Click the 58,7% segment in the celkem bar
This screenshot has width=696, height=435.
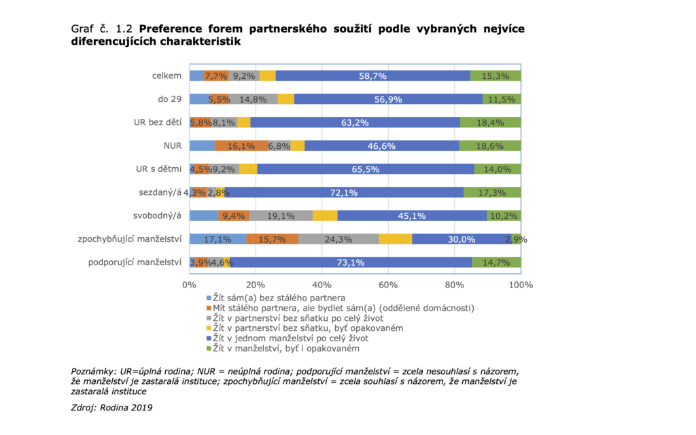pos(372,75)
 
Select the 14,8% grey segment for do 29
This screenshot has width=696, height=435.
pos(254,99)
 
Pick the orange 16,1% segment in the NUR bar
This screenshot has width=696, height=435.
pos(241,145)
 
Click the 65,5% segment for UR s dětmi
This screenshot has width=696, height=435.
pos(366,169)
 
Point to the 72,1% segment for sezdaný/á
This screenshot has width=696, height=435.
pos(344,192)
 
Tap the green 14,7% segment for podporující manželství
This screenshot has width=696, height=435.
pos(496,262)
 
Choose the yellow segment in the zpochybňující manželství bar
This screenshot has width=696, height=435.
pos(395,239)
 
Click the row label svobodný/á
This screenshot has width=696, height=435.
pos(158,215)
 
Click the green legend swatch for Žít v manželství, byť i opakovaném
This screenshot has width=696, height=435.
pos(209,349)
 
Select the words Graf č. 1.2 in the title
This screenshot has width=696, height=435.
pos(103,29)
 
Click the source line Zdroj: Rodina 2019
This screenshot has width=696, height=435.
pos(111,408)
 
